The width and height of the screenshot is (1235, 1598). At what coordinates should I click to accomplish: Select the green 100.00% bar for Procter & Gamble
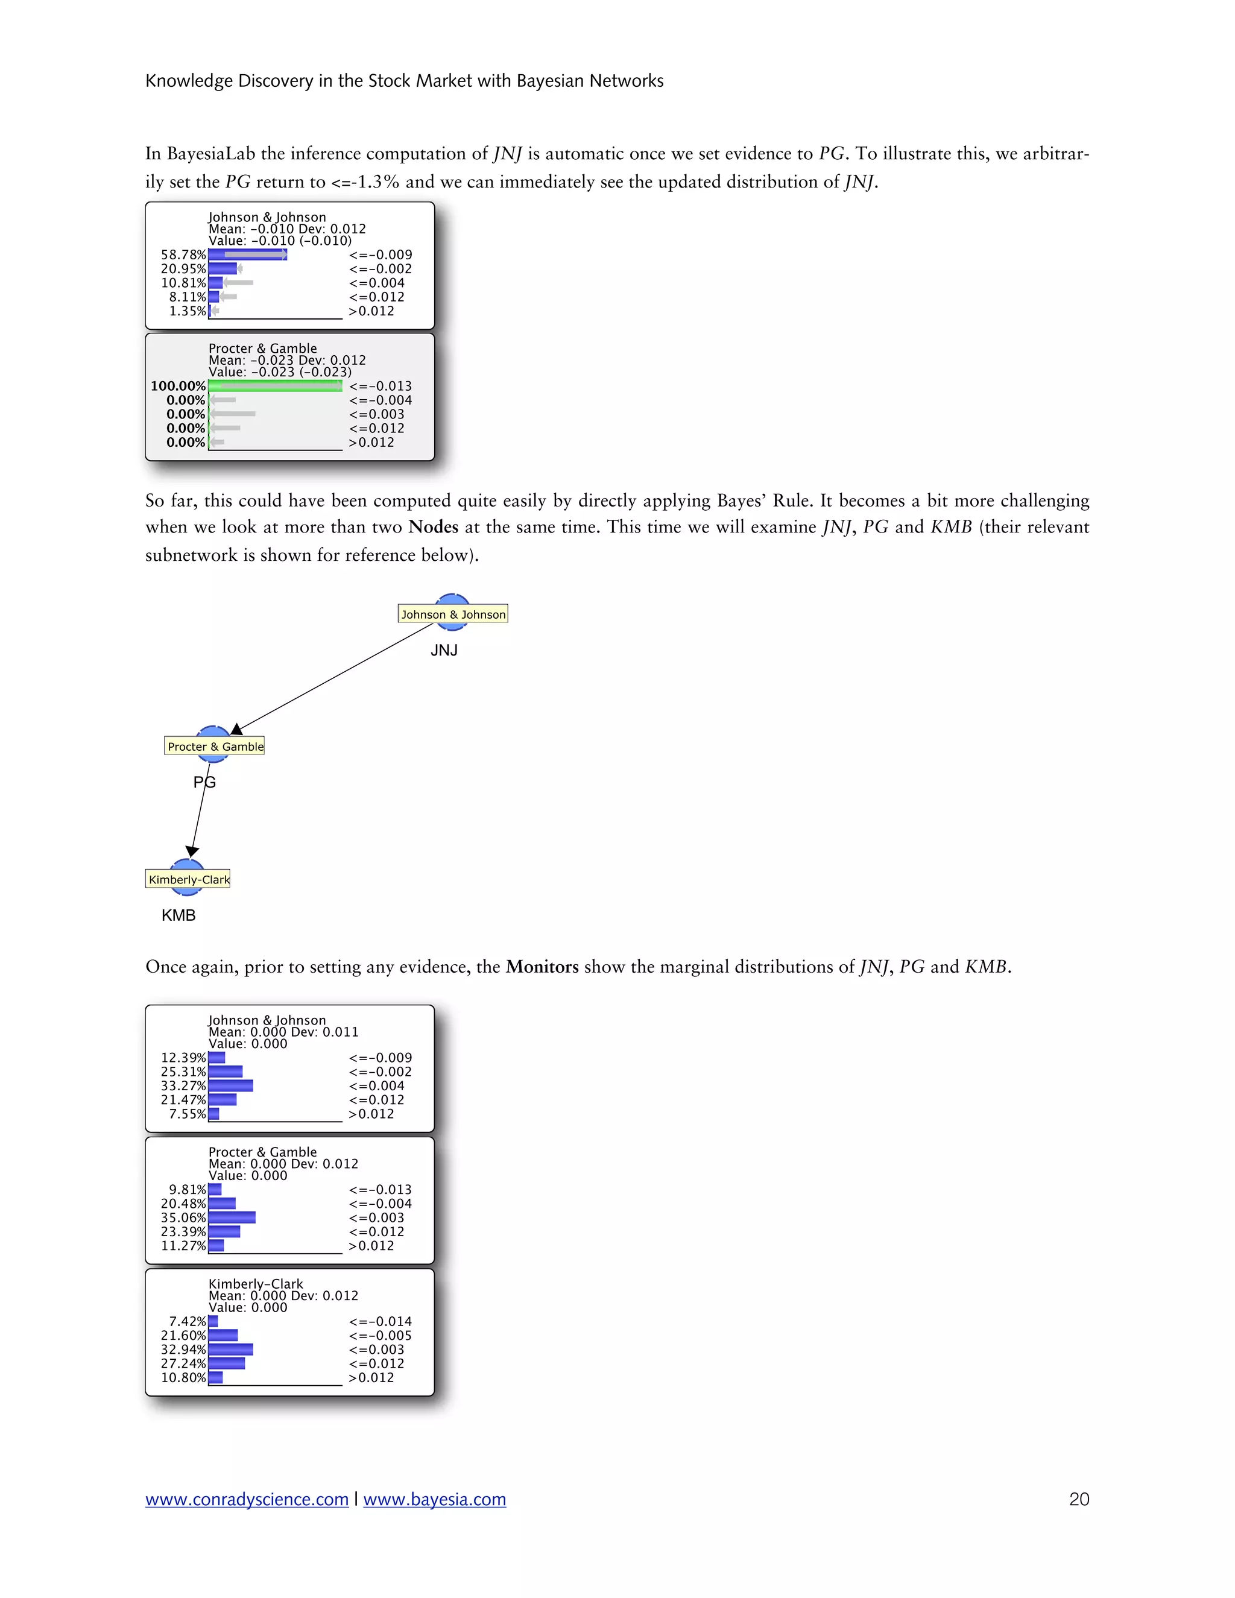click(275, 385)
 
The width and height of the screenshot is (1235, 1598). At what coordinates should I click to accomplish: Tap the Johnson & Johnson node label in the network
click(453, 614)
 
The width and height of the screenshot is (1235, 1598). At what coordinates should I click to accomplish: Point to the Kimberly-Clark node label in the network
click(189, 879)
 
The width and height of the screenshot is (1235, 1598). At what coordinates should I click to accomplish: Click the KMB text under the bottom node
click(178, 915)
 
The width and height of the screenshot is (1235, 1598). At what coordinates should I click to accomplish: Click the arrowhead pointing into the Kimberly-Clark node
click(192, 851)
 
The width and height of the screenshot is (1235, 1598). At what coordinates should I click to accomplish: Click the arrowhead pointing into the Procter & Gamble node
click(236, 730)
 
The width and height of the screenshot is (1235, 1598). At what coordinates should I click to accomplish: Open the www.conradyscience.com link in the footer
click(247, 1499)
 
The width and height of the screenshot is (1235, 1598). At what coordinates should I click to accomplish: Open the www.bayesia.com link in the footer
click(435, 1499)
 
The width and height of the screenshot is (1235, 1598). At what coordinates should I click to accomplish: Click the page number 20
click(1078, 1499)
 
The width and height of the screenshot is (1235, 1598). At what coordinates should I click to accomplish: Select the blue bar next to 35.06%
click(232, 1217)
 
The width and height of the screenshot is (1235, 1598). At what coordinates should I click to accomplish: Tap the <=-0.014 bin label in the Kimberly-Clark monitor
click(381, 1321)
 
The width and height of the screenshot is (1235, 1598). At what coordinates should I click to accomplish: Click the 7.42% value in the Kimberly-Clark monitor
click(188, 1321)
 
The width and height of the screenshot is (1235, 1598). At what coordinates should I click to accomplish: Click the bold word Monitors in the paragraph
click(542, 967)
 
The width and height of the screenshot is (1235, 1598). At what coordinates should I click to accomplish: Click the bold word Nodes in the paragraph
click(433, 527)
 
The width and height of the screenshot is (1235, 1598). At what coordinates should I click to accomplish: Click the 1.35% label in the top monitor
click(188, 311)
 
